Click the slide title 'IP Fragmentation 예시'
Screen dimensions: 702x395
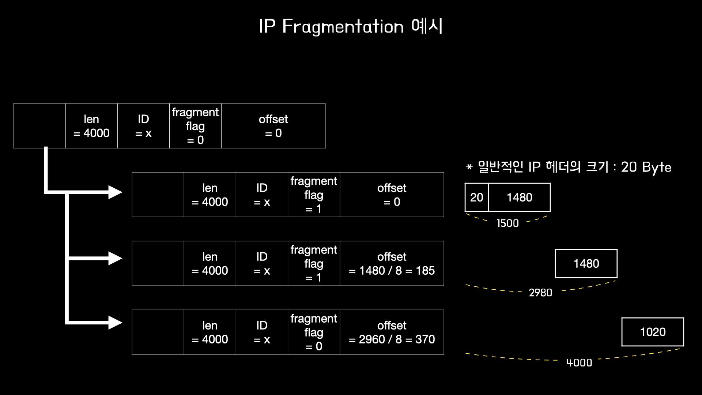coord(351,27)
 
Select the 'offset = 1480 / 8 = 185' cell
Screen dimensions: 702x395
coord(392,263)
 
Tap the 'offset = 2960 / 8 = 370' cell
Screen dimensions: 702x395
coord(392,332)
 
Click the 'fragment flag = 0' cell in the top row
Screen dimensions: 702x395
coord(195,126)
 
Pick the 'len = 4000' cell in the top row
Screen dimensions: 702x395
coord(91,126)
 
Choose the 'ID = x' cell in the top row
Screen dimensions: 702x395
coord(143,126)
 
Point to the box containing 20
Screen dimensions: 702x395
coord(476,197)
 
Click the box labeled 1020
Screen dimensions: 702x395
coord(653,332)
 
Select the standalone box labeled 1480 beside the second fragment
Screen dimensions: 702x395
coord(586,264)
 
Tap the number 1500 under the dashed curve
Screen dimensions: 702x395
coord(507,223)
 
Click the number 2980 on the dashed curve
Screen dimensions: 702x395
coord(540,293)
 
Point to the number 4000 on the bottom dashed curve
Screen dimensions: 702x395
coord(579,363)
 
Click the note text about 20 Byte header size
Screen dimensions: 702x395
coord(569,167)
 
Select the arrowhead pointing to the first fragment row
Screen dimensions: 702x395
coord(116,192)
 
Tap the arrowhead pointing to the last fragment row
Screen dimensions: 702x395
coord(116,323)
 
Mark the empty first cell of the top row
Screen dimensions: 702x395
coord(39,126)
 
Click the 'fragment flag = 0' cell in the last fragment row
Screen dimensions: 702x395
coord(314,332)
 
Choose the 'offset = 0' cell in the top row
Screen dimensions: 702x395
coord(273,126)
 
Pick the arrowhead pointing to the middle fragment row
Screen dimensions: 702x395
coord(116,258)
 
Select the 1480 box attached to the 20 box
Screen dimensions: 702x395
coord(519,197)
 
